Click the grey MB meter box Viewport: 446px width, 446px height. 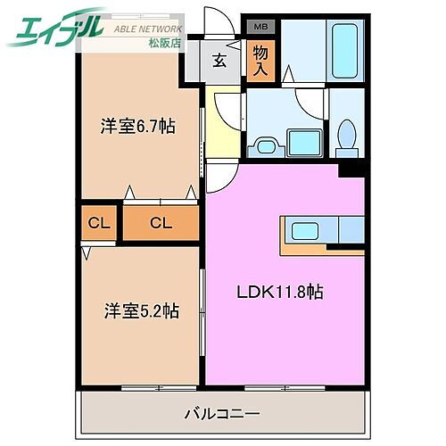[260, 28]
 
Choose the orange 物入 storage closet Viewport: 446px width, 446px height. [260, 61]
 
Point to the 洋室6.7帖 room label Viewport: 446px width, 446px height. [136, 127]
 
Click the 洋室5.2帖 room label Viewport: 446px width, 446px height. [141, 311]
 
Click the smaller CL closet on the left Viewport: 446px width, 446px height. [98, 222]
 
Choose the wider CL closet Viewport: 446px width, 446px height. [160, 222]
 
